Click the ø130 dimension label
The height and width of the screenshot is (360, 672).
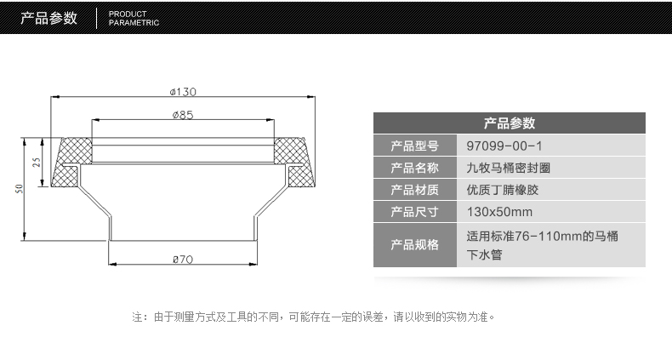tap(183, 92)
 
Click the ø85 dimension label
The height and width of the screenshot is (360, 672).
tap(183, 115)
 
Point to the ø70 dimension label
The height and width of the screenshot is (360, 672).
tap(183, 260)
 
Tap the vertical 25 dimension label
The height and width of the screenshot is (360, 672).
tap(37, 163)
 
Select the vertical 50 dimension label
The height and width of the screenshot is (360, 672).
tap(20, 189)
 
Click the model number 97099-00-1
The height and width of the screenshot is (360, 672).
tap(504, 146)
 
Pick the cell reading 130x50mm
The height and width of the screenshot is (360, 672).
tap(499, 212)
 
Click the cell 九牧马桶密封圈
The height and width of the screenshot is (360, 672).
tap(509, 168)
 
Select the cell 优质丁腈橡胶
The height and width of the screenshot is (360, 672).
tap(502, 190)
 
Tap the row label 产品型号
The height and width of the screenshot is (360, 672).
tap(414, 146)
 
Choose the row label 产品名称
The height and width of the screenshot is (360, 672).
tap(414, 168)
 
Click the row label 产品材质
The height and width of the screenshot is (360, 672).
tap(414, 190)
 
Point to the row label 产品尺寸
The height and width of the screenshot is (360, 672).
tap(414, 212)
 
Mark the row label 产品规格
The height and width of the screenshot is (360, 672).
tap(414, 245)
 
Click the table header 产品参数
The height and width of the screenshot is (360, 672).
tap(510, 123)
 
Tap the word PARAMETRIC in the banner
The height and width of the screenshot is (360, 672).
tap(134, 23)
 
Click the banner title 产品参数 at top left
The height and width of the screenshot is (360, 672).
tap(48, 18)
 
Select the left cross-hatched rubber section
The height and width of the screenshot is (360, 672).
tap(71, 162)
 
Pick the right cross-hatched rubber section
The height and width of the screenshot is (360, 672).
tap(295, 162)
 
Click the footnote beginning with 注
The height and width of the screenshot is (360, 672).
tap(314, 317)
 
